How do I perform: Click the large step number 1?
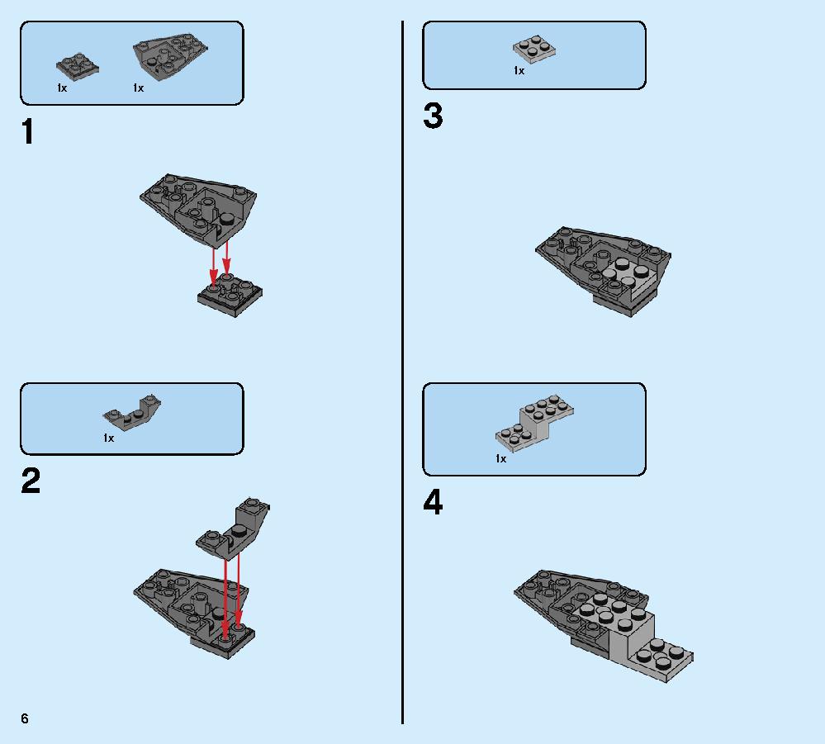(28, 131)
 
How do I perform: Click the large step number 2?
(31, 481)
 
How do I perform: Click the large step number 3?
(433, 116)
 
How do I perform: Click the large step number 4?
(433, 503)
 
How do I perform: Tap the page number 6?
(25, 718)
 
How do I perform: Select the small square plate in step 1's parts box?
(78, 67)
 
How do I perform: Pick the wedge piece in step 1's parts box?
(170, 56)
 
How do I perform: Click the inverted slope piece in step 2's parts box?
(132, 412)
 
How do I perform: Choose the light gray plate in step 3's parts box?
(534, 50)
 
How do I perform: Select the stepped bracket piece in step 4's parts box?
(534, 424)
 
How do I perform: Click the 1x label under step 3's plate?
(519, 70)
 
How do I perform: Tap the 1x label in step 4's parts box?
(501, 459)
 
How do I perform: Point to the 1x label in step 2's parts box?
(108, 438)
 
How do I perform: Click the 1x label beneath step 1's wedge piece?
(139, 88)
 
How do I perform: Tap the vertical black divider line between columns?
(402, 372)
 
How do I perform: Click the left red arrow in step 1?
(214, 267)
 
